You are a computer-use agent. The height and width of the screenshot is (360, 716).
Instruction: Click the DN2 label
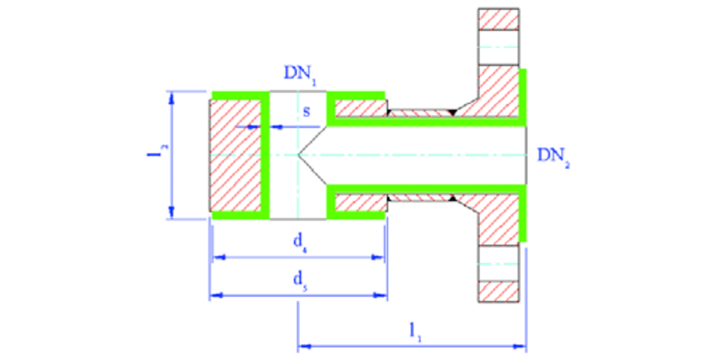(553, 157)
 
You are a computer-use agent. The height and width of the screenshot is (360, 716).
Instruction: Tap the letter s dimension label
(306, 111)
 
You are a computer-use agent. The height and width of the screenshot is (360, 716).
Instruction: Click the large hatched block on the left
(235, 155)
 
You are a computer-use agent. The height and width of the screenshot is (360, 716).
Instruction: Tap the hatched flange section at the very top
(498, 19)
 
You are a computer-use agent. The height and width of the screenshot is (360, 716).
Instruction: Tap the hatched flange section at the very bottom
(498, 291)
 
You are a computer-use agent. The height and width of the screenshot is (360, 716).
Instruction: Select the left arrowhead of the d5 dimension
(217, 296)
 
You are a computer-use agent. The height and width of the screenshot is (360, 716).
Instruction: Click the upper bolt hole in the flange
(498, 47)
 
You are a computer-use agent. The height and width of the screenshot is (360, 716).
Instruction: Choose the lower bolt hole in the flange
(498, 263)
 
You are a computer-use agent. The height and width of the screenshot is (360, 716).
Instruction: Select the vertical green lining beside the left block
(265, 155)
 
